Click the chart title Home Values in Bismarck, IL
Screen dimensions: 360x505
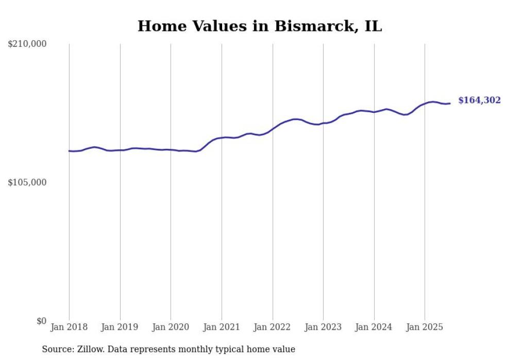tap(260, 26)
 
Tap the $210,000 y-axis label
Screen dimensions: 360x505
tap(27, 44)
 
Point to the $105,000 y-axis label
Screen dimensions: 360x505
tap(27, 182)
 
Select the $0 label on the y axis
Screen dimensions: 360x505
tap(41, 321)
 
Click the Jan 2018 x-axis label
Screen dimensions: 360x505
tap(69, 327)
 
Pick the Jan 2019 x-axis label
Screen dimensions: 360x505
tap(120, 327)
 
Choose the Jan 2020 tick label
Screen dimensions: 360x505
tap(171, 327)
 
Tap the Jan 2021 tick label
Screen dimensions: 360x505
tap(222, 327)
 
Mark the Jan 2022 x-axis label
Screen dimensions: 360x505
tap(273, 327)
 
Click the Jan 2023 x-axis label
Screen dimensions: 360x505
tap(323, 327)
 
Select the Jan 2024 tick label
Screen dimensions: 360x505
tap(374, 327)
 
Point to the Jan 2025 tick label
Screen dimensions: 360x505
tap(425, 327)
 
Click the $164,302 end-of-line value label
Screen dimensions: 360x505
tap(479, 100)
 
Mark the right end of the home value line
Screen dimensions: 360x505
tap(450, 104)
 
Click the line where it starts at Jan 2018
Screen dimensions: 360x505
tap(70, 151)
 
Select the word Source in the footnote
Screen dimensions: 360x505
tap(57, 349)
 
